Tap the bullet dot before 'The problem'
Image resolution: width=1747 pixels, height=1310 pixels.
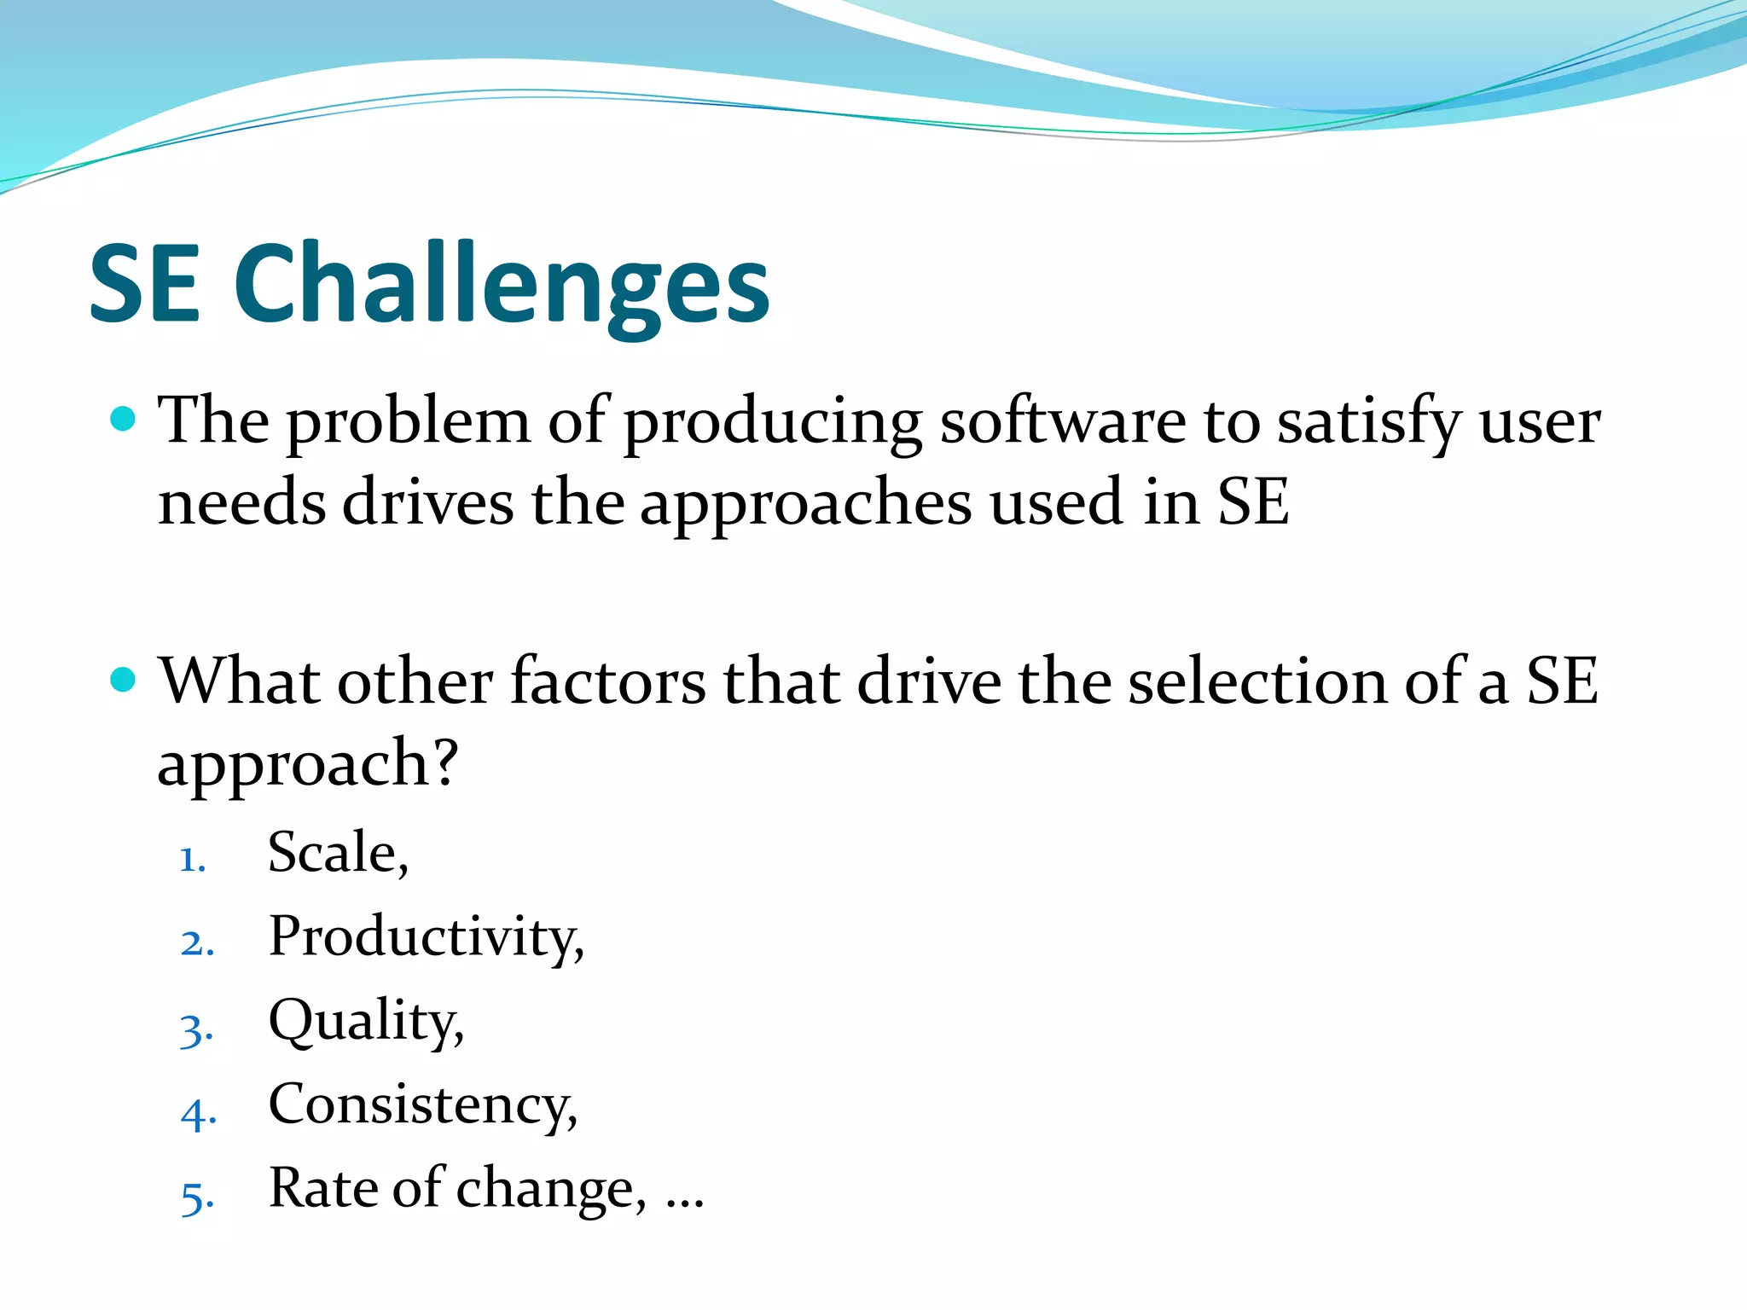coord(124,419)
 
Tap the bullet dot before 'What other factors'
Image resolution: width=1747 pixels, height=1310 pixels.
coord(124,680)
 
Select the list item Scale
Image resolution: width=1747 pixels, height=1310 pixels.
coord(338,852)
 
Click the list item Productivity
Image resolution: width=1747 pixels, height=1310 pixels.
coord(426,937)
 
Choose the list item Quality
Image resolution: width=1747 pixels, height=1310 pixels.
coord(366,1022)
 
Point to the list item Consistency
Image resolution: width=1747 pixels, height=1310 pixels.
coord(422,1105)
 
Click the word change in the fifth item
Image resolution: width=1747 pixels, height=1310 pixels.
coord(550,1189)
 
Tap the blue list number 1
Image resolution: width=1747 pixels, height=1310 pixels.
coord(193,859)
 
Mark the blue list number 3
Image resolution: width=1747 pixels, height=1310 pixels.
coord(195,1030)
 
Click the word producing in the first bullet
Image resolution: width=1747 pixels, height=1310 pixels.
coord(773,424)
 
